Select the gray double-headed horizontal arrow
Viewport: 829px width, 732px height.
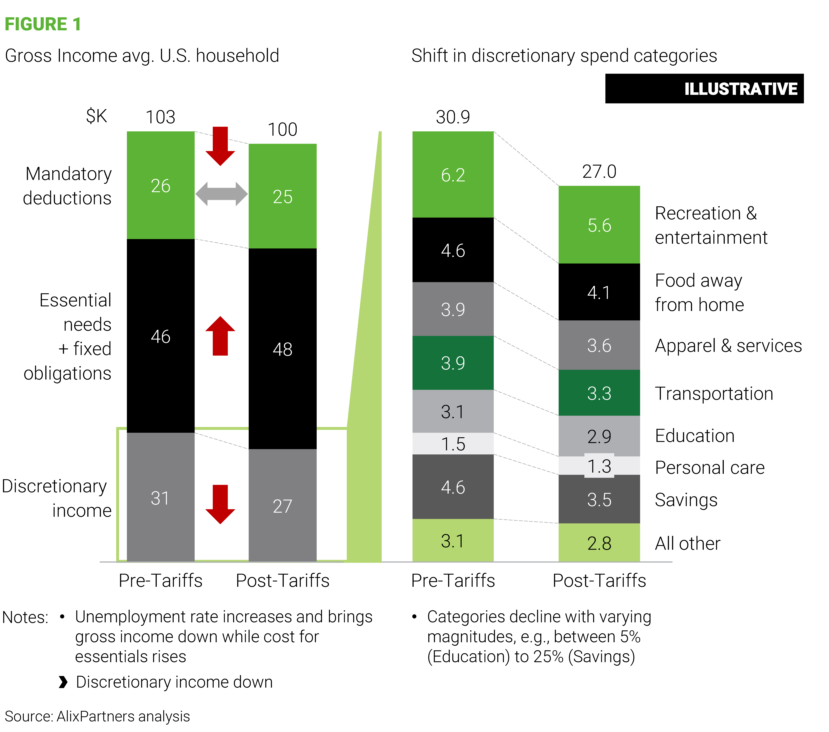coord(221,194)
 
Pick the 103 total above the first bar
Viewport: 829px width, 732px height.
coord(161,117)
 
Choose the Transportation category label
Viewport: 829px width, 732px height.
coord(714,393)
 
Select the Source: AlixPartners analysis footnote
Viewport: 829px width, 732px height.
coord(97,716)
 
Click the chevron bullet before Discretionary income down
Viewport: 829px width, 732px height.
coord(63,682)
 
